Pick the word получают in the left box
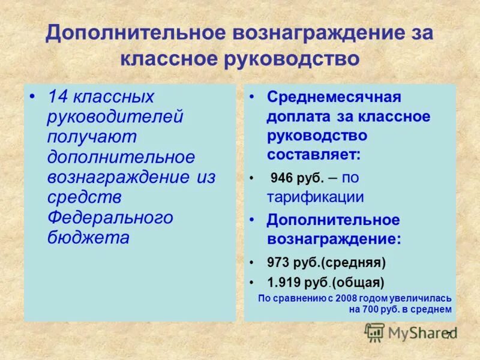[92, 137]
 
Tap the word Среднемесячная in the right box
[334, 97]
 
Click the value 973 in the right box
[279, 262]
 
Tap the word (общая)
[358, 281]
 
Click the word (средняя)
[358, 262]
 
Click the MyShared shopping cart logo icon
[375, 332]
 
